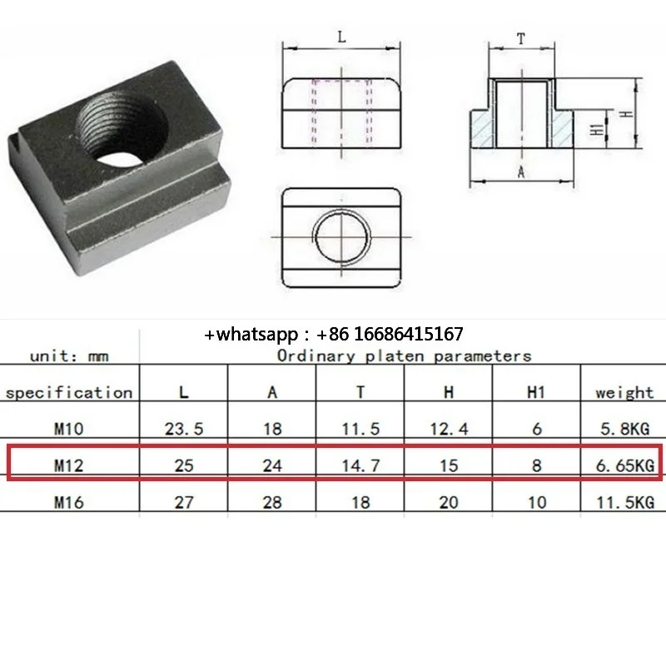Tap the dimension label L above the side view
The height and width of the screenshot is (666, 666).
coord(342,37)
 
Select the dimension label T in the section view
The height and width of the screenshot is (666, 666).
coord(521,37)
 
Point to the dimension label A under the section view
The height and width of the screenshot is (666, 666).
coord(521,172)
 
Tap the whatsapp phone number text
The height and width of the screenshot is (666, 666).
coord(334,335)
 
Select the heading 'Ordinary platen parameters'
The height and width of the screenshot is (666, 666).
coord(404,356)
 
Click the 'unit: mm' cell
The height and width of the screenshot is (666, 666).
coord(69,356)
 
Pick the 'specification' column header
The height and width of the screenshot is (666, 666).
coord(69,392)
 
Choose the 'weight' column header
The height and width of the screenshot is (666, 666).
coord(624,392)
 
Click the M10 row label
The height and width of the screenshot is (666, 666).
coord(69,430)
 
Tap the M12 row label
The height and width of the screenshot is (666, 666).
coord(69,465)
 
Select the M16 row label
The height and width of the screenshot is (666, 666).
coord(69,501)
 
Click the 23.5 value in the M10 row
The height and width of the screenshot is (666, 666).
coord(183,430)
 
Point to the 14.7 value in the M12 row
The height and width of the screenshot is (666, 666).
coord(360,465)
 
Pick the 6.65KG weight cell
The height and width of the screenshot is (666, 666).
coord(624,465)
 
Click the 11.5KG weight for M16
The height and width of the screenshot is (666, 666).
coord(624,501)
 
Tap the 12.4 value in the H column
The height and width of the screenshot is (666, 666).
coord(448,430)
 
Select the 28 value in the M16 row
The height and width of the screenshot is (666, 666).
coord(271,501)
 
